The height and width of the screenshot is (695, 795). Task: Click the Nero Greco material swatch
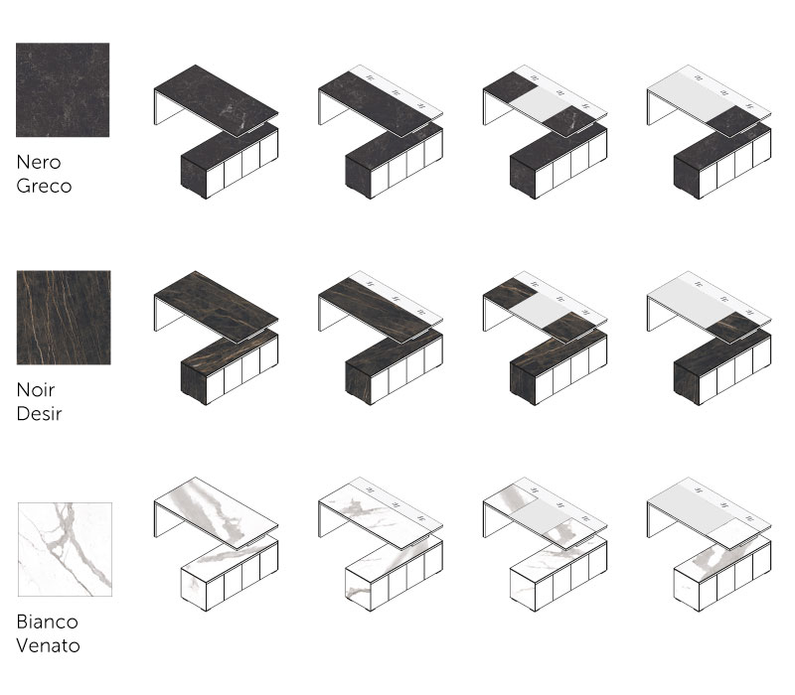click(x=63, y=89)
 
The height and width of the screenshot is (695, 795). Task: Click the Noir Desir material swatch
click(x=64, y=318)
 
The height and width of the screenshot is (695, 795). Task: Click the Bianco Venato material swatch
click(x=65, y=550)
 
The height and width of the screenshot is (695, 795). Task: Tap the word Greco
click(x=44, y=187)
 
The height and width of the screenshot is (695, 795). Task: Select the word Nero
click(x=39, y=162)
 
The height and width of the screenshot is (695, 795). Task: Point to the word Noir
click(x=36, y=389)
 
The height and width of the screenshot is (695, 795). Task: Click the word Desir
click(x=39, y=413)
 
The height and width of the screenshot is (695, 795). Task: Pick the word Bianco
click(x=47, y=622)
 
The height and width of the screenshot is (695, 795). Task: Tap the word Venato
click(x=48, y=645)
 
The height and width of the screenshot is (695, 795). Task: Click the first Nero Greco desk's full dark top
click(x=217, y=100)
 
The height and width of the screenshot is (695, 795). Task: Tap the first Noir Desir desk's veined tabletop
click(x=217, y=307)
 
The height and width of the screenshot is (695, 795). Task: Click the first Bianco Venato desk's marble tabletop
click(x=217, y=512)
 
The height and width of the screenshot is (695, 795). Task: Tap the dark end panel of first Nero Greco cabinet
click(x=194, y=178)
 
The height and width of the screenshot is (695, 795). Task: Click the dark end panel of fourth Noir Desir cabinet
click(x=687, y=383)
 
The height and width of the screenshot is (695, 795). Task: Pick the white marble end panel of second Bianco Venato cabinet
click(x=358, y=590)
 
